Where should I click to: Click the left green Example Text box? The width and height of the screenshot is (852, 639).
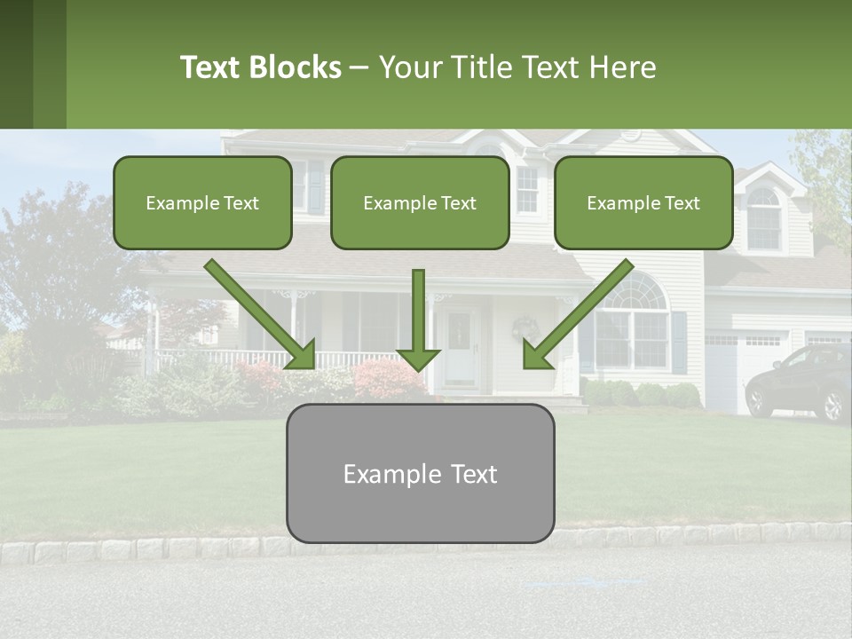202,202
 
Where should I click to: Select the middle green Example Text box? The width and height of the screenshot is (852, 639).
420,202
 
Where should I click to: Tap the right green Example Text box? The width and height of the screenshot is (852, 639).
643,202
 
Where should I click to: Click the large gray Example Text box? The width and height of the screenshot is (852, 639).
420,473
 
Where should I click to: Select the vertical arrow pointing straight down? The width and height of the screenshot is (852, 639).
418,319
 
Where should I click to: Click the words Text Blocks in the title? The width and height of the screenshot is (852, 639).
260,67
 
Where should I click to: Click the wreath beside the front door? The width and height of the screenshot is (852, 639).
525,329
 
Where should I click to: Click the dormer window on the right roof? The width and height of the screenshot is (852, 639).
763,217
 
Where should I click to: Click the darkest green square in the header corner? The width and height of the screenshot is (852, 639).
16,64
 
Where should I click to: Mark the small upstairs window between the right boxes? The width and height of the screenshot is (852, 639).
527,189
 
